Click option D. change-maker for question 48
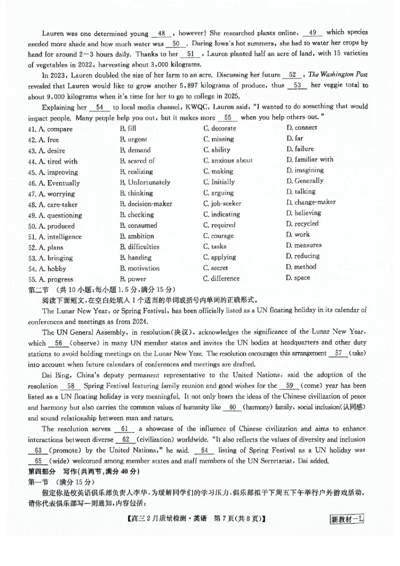(310, 202)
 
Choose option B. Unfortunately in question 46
(145, 182)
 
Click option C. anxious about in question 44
(228, 160)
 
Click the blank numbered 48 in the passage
(161, 33)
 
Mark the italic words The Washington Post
(337, 74)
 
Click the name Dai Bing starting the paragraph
(57, 375)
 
